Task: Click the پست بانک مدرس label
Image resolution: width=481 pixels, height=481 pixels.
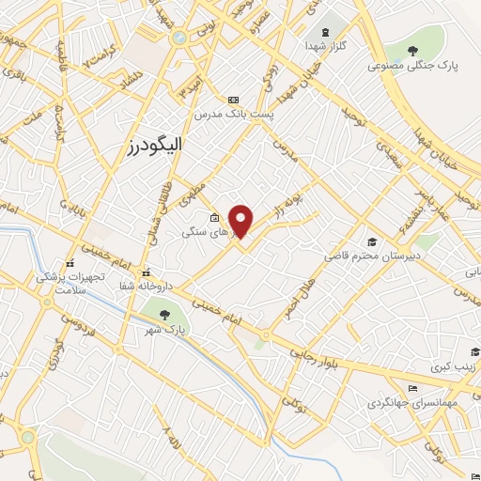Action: click(234, 114)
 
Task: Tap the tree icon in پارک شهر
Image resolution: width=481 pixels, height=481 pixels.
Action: click(165, 315)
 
